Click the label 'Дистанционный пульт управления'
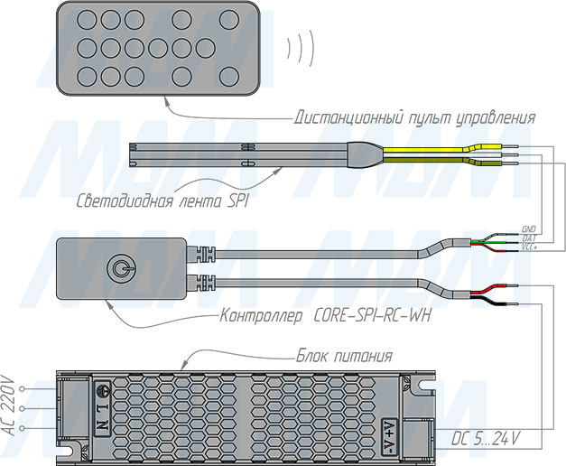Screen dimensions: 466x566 (415, 117)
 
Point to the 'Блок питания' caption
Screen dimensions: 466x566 (345, 355)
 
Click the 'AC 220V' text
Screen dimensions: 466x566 (11, 405)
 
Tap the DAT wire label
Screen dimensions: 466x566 (528, 238)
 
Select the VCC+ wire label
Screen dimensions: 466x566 (530, 247)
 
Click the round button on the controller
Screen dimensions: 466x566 (118, 267)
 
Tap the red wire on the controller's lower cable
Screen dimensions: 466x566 (483, 288)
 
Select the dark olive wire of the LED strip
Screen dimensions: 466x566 (424, 163)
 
